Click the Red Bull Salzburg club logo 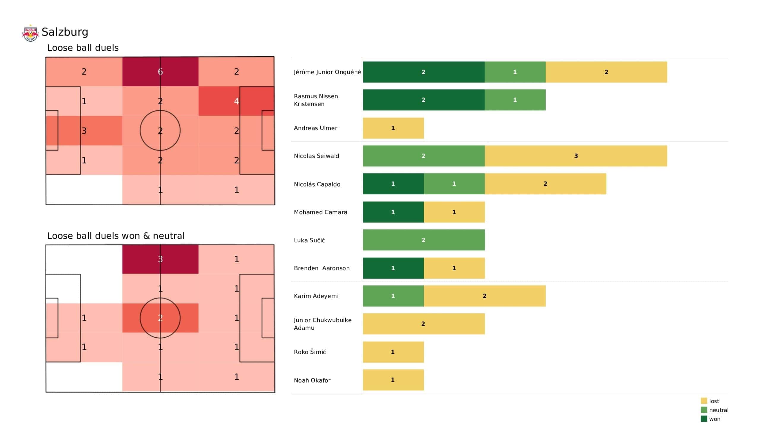pos(30,33)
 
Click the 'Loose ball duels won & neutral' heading pos(115,236)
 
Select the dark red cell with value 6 pos(160,72)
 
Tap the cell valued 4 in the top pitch pos(236,101)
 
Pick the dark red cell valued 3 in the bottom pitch pos(160,259)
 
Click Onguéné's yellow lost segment pos(606,72)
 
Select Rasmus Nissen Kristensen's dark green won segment pos(423,100)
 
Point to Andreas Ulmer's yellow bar pos(393,128)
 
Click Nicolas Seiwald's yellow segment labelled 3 pos(576,156)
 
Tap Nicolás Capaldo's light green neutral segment pos(454,184)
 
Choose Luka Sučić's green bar pos(423,240)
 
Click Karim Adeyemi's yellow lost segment pos(484,296)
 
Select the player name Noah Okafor pos(312,380)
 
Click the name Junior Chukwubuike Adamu pos(322,324)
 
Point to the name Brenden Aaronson pos(322,268)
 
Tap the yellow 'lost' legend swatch pos(704,401)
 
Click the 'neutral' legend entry pos(718,410)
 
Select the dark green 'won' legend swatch pos(704,419)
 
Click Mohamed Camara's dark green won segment pos(393,212)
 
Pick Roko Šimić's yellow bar pos(393,352)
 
